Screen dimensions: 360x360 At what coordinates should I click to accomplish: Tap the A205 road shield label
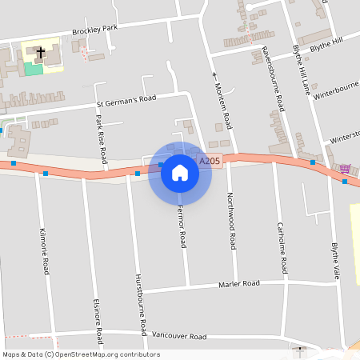tap(210, 161)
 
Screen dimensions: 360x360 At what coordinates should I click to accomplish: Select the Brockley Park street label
tap(94, 30)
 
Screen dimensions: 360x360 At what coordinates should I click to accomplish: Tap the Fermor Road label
tap(182, 227)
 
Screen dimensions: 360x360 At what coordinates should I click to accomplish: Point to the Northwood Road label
tap(231, 218)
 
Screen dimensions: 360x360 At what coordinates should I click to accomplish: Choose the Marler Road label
tap(239, 284)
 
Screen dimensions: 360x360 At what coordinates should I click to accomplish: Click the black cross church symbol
tap(39, 52)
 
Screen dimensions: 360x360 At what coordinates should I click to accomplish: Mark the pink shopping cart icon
tap(345, 168)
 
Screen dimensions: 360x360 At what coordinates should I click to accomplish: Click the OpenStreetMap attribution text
tap(81, 354)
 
